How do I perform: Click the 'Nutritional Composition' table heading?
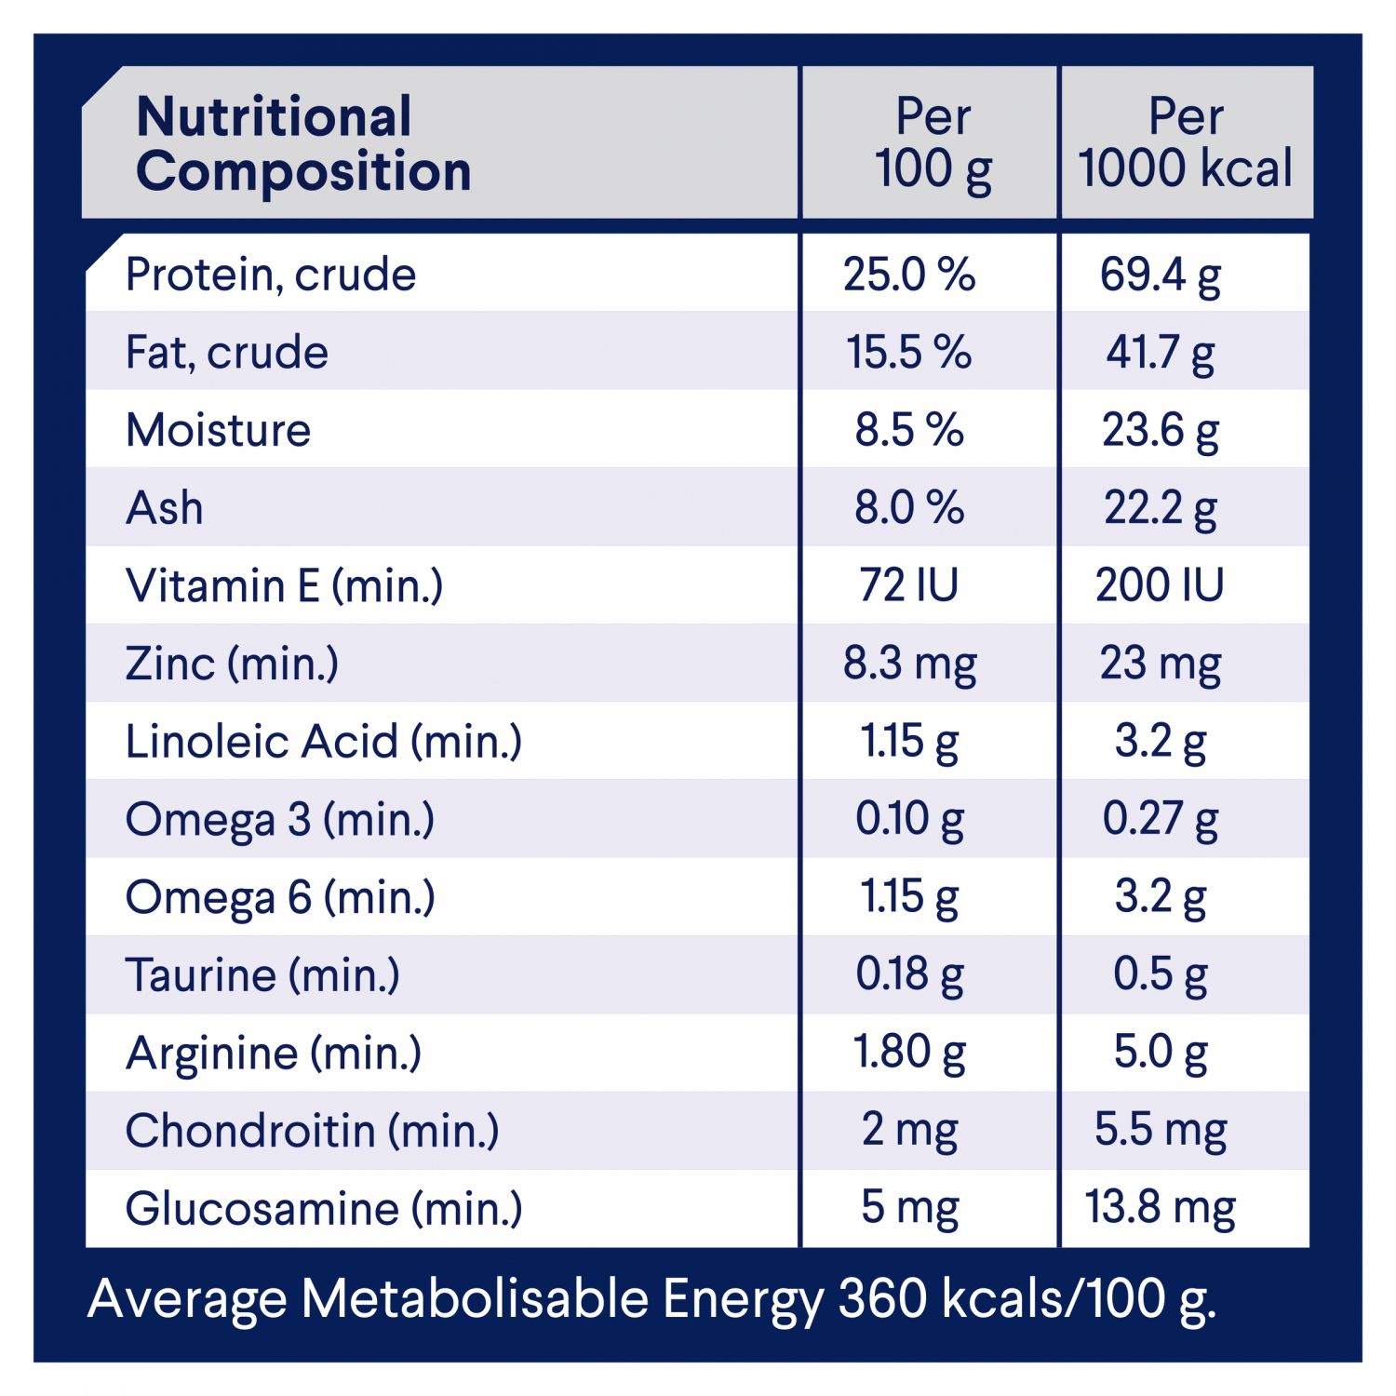pyautogui.click(x=303, y=143)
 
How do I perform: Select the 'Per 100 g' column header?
pyautogui.click(x=933, y=143)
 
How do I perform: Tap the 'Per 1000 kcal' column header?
pyautogui.click(x=1185, y=143)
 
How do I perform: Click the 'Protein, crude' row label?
pyautogui.click(x=271, y=275)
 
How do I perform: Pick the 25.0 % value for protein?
pyautogui.click(x=909, y=275)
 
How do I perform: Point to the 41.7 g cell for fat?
pyautogui.click(x=1161, y=353)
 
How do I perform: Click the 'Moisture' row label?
pyautogui.click(x=219, y=430)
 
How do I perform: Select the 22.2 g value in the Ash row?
pyautogui.click(x=1161, y=508)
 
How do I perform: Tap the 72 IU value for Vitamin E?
pyautogui.click(x=909, y=585)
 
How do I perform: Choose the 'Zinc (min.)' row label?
pyautogui.click(x=232, y=664)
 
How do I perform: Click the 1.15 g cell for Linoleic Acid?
pyautogui.click(x=909, y=742)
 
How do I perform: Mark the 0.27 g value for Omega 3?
pyautogui.click(x=1161, y=819)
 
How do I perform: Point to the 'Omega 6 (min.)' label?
pyautogui.click(x=280, y=897)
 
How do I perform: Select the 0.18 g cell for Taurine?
pyautogui.click(x=909, y=974)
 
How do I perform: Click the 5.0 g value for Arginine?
pyautogui.click(x=1161, y=1053)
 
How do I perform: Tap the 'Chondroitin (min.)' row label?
pyautogui.click(x=313, y=1131)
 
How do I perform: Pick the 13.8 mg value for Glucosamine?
pyautogui.click(x=1161, y=1208)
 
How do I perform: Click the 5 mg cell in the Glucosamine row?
pyautogui.click(x=909, y=1208)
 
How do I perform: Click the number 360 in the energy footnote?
pyautogui.click(x=882, y=1297)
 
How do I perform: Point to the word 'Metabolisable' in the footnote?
pyautogui.click(x=476, y=1297)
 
